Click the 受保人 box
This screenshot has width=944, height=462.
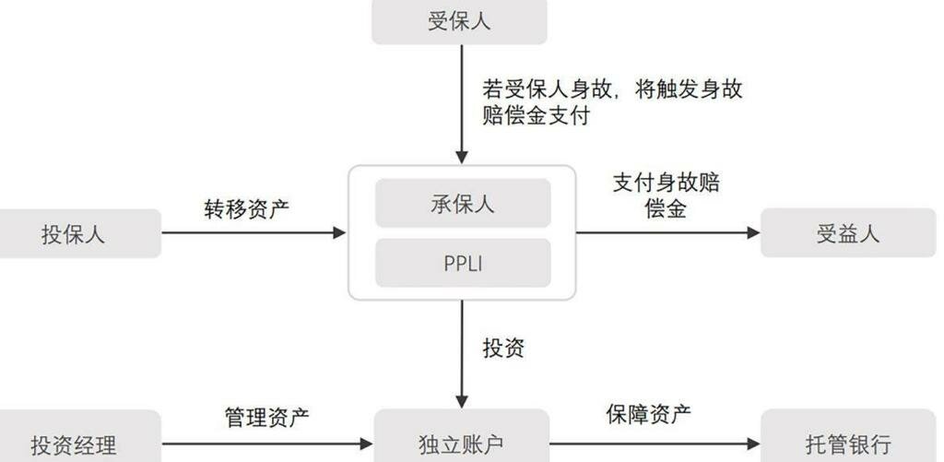459,21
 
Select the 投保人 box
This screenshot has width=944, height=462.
80,233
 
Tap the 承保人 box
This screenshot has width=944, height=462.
463,204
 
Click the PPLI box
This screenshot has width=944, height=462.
463,263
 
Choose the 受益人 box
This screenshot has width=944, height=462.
847,233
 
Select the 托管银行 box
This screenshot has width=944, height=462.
847,444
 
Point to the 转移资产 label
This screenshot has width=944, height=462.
246,208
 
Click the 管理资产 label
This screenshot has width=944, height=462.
267,418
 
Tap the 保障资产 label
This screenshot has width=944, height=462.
648,415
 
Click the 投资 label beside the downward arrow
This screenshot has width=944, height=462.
503,348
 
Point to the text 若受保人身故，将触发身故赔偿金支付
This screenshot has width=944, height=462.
612,102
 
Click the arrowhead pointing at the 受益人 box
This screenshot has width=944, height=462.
753,233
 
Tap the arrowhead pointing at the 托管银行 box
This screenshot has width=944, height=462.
753,444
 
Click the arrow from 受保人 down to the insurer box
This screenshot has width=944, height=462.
463,101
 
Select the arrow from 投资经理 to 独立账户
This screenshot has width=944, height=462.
267,444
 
